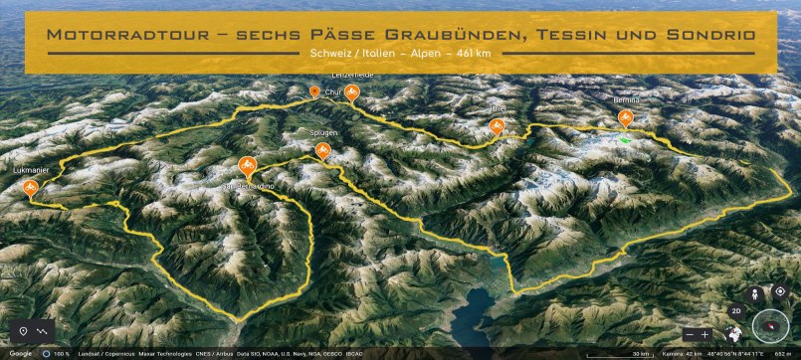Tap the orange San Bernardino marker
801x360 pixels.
(247, 166)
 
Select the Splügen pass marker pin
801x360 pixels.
(322, 150)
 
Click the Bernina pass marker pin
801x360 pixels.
(625, 117)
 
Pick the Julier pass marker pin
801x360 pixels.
(497, 125)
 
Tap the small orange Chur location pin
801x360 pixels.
(314, 91)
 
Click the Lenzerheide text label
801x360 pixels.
(350, 76)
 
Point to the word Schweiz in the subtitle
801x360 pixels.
(334, 54)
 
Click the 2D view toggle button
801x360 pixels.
(737, 310)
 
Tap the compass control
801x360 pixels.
(770, 326)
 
